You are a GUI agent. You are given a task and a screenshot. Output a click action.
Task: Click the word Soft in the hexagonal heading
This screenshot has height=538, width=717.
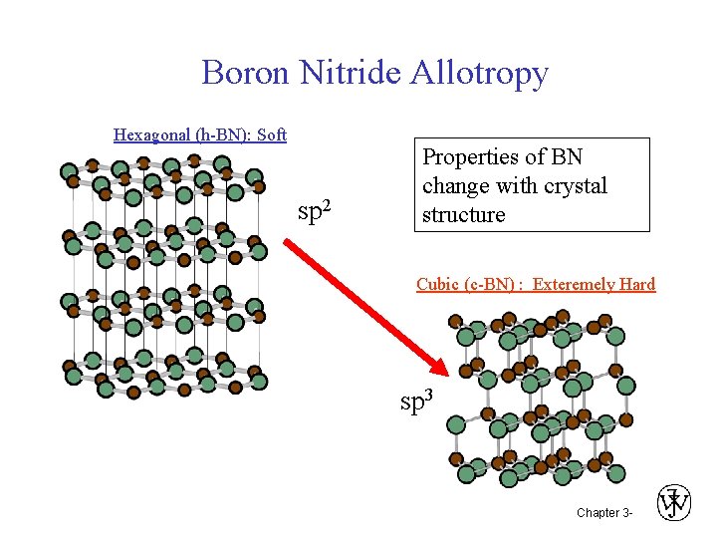click(x=272, y=134)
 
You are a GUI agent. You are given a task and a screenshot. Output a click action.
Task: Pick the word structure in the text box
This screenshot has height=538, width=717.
click(x=463, y=215)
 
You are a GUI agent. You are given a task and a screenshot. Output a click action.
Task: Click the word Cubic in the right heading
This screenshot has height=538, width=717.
click(x=438, y=284)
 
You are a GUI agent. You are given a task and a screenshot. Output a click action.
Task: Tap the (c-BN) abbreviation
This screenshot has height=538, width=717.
click(x=492, y=284)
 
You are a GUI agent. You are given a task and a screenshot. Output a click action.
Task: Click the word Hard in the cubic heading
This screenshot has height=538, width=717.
click(x=637, y=284)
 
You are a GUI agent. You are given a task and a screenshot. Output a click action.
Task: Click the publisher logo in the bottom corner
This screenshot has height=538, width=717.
click(x=674, y=503)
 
